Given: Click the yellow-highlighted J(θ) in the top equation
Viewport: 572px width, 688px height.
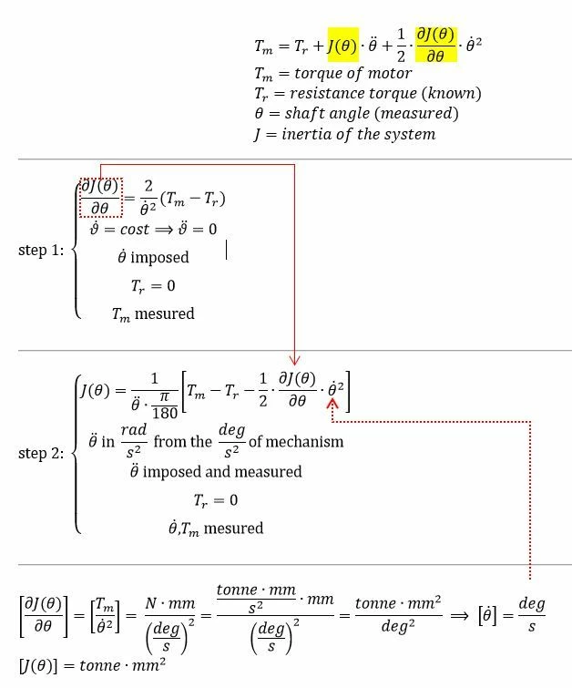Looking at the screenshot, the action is tap(343, 46).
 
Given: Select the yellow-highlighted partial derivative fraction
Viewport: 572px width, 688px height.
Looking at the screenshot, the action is tap(435, 45).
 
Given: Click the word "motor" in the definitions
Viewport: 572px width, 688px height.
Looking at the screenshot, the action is tap(390, 73).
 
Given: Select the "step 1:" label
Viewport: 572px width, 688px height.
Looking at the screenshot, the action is tap(41, 250).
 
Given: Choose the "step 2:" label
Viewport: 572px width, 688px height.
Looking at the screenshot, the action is tap(41, 453).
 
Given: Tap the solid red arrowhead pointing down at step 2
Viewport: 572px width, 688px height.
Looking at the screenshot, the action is tap(295, 361).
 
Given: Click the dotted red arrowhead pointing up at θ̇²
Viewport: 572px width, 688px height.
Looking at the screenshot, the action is tap(332, 404).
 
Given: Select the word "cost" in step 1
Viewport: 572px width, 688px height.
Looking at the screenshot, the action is tap(135, 229).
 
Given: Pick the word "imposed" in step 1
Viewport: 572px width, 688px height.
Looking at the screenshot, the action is tap(159, 257).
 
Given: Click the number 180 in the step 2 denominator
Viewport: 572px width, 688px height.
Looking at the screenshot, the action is tap(165, 413).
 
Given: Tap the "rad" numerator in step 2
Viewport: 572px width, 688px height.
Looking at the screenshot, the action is tap(134, 429).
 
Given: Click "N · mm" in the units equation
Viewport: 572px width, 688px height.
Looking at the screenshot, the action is tap(170, 603).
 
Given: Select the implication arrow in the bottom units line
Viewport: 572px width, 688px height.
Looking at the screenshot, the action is tap(460, 616).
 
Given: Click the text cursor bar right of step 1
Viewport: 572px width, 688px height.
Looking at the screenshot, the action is tap(227, 250).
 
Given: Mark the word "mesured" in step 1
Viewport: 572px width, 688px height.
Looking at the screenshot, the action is tap(165, 313).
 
